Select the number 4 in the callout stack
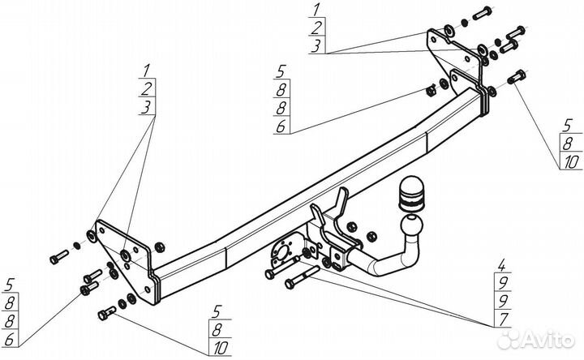coord(503,264)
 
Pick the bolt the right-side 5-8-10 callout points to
coord(513,78)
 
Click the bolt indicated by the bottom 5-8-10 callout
coord(105,311)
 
